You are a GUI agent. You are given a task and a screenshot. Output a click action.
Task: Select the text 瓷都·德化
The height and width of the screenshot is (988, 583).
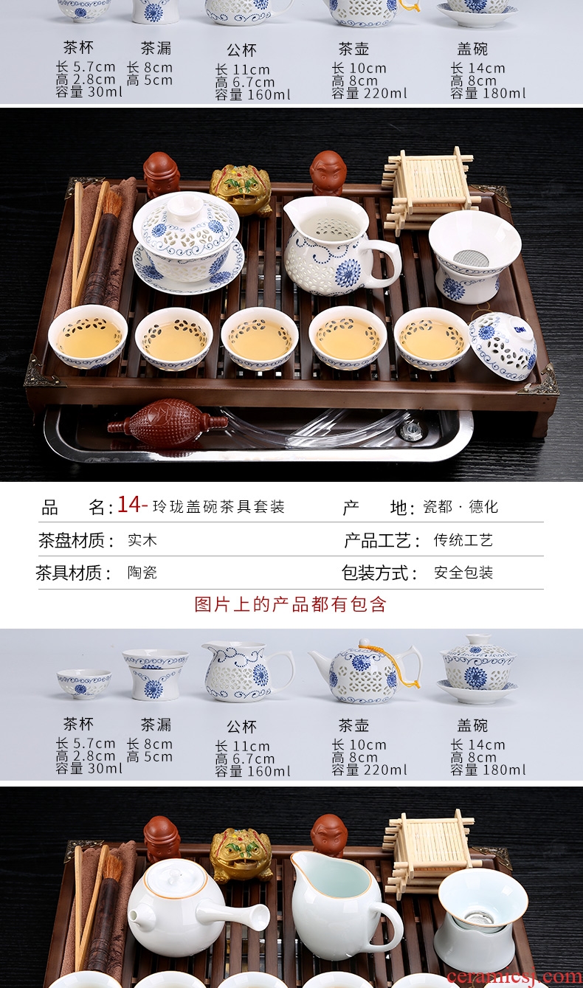(460, 507)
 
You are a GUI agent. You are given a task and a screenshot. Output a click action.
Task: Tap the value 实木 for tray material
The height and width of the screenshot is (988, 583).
(142, 540)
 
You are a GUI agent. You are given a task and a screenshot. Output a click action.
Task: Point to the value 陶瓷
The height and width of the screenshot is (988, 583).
(142, 573)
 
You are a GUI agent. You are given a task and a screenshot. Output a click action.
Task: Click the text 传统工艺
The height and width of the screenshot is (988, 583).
(463, 540)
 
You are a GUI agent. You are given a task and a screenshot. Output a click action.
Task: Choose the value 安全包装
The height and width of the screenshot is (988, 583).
(463, 573)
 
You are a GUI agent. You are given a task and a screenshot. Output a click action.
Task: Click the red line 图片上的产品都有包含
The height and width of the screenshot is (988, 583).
(291, 604)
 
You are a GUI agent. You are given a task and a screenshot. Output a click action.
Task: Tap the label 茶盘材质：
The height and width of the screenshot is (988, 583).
(76, 540)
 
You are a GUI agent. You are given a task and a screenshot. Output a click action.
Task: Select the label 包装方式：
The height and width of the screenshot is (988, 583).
(379, 573)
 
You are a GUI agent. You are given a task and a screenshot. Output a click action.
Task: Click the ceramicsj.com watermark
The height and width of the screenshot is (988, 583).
(514, 977)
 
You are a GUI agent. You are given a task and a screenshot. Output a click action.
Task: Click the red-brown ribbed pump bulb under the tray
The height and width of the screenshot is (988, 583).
(168, 423)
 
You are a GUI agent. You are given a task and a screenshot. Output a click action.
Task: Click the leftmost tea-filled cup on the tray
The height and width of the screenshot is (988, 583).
(88, 336)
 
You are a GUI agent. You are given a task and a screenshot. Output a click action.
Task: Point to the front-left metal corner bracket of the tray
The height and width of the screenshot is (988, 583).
(42, 371)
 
